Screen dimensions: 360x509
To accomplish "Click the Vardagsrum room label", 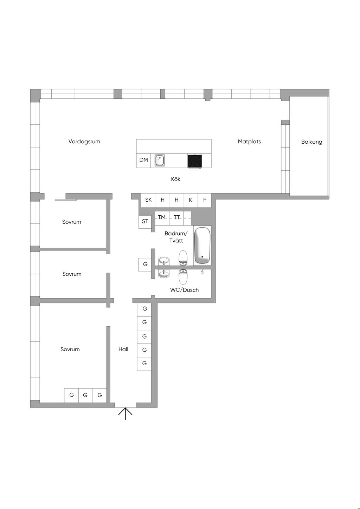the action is [84, 142].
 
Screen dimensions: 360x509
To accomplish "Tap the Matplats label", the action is [249, 142].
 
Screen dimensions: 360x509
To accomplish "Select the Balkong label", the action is [311, 142].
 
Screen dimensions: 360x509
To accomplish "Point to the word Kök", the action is [175, 179].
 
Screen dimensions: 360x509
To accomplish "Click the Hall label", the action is [123, 349].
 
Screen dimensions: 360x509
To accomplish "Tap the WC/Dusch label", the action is [185, 290].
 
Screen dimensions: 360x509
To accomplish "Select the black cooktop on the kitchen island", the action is [195, 161].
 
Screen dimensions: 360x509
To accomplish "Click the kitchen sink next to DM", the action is [160, 160].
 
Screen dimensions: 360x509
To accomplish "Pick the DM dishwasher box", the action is [143, 161].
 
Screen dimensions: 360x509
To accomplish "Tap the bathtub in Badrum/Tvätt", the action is [202, 246].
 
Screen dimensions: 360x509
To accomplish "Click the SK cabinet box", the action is [148, 200].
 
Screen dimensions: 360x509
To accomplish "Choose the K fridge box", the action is [190, 200].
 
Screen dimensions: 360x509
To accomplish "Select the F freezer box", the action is [204, 200].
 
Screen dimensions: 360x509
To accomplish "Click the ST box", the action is [145, 222].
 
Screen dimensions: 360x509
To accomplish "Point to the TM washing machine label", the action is [162, 217].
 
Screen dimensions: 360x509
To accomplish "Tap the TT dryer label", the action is [177, 217].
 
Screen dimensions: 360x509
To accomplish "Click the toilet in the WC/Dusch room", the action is [183, 277].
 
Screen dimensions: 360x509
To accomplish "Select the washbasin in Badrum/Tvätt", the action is [164, 261].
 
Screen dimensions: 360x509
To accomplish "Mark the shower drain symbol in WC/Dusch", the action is [202, 271].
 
